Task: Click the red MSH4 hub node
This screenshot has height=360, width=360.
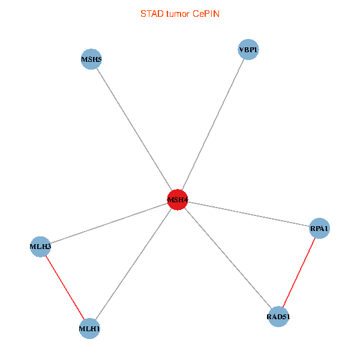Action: (x=178, y=200)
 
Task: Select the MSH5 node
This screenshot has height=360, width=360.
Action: (x=91, y=59)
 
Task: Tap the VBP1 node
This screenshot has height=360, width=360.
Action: (x=248, y=50)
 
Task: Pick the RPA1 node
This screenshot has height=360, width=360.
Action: (x=319, y=228)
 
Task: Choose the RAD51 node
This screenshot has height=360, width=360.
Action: (x=278, y=316)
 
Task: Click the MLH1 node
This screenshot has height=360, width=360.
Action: (x=89, y=328)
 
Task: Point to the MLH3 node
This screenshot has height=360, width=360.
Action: (x=40, y=246)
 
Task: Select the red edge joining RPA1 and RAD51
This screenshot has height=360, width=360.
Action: (x=299, y=272)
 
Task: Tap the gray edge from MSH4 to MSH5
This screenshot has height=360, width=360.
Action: (x=134, y=130)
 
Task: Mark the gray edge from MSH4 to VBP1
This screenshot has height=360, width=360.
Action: (x=212, y=125)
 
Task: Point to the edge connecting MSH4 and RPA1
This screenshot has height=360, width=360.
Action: (x=248, y=214)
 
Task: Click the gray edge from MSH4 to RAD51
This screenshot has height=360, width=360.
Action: (x=228, y=258)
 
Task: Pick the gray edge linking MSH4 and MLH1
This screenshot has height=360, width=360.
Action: (x=133, y=264)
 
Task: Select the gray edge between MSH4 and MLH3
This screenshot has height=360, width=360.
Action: (x=109, y=223)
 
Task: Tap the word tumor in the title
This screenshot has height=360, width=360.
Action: (x=178, y=14)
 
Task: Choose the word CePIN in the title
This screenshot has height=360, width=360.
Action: (x=206, y=14)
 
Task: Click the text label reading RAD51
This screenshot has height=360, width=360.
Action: (x=278, y=316)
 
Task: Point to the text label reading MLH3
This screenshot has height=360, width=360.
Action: (x=40, y=246)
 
